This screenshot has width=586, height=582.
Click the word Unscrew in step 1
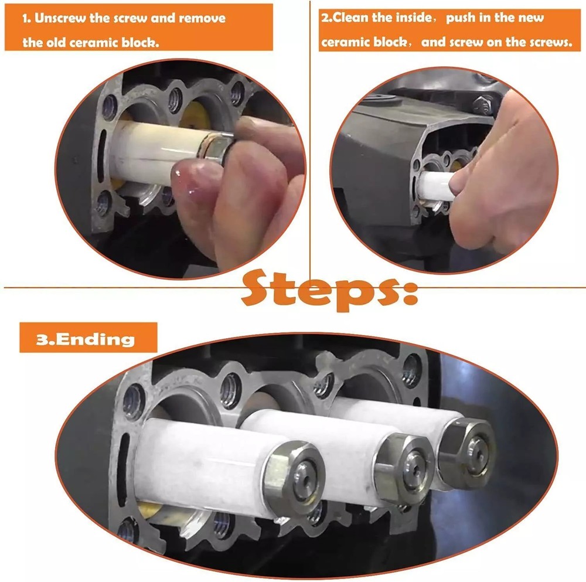60,18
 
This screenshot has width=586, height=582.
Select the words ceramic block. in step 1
114,43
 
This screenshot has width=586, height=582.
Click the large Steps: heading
329,290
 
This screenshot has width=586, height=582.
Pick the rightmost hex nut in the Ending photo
467,452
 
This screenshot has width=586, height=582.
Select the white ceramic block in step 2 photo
436,185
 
